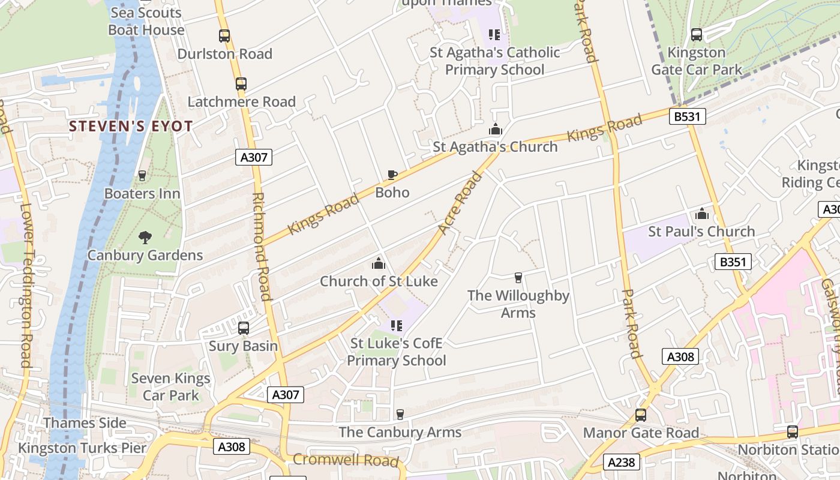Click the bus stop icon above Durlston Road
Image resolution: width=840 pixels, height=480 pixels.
point(224,36)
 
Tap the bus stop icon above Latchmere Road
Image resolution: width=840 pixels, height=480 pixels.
point(241,84)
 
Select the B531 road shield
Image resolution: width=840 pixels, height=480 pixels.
point(687,116)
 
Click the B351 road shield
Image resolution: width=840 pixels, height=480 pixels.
point(733,262)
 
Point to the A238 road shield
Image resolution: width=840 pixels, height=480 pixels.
point(621,462)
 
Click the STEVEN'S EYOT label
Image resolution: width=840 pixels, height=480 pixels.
point(131,127)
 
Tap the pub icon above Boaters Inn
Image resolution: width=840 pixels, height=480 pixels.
point(142,176)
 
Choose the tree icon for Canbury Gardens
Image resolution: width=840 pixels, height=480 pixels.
point(145,238)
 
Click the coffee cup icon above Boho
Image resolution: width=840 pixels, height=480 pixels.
point(392,175)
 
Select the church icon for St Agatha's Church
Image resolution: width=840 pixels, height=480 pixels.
point(495,129)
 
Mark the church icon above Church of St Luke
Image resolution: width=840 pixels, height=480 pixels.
point(378,263)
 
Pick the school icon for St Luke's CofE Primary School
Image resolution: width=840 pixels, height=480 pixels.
point(396,326)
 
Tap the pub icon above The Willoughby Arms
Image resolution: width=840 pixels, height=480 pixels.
point(518,278)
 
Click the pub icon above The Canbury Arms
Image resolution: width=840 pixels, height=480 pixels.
point(400,415)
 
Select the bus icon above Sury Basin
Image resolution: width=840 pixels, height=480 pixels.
point(244,328)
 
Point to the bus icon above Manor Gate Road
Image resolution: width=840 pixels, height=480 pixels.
point(641,415)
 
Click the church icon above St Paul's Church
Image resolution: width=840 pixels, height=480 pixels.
point(702,214)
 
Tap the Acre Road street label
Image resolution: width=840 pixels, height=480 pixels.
point(460,203)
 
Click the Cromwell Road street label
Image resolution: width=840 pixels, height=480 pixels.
point(346,460)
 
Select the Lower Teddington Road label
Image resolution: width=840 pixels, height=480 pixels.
point(26,285)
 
